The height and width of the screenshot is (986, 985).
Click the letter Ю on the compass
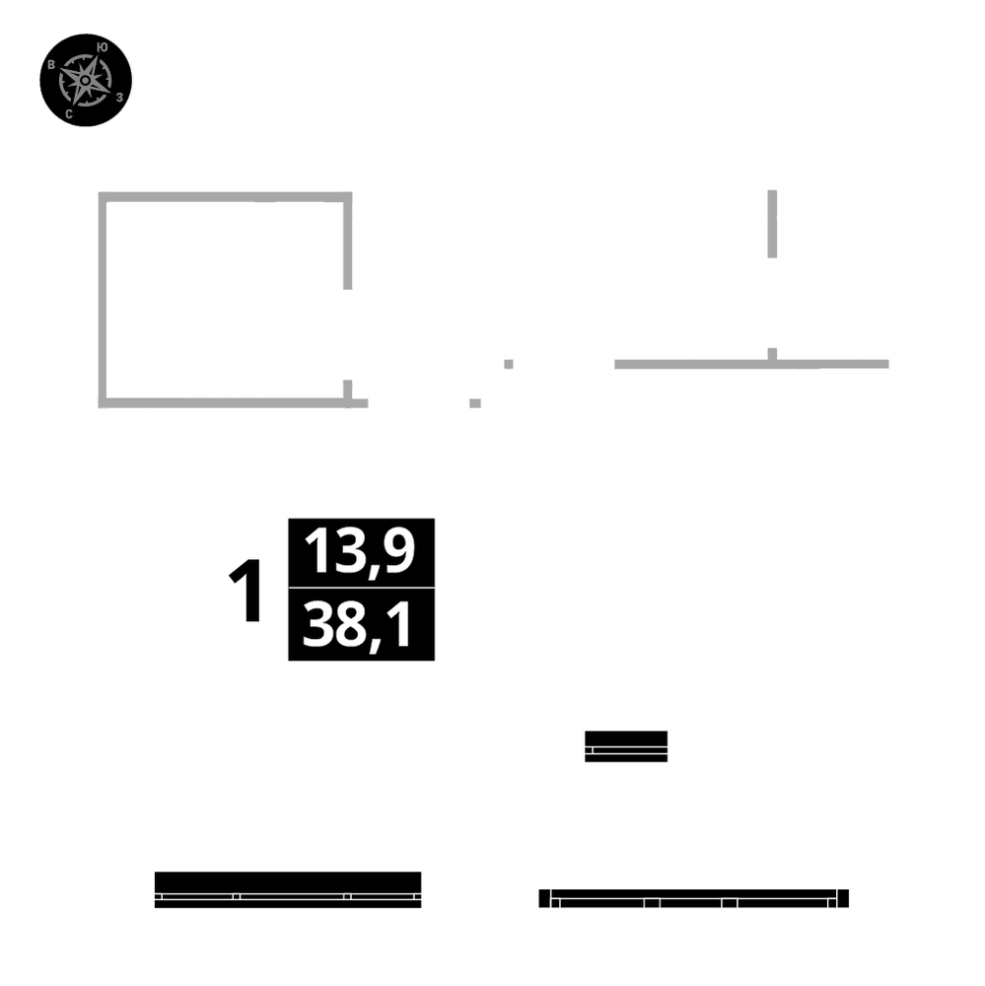point(104,46)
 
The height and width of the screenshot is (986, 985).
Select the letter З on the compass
point(119,97)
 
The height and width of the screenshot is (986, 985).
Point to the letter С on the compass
point(68,114)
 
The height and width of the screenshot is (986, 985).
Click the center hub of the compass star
point(86,79)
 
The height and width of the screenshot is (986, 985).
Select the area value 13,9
point(360,551)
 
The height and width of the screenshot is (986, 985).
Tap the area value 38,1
point(360,626)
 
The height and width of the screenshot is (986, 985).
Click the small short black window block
point(626,746)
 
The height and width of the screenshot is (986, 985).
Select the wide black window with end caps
point(694,898)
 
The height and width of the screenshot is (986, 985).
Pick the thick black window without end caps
point(288,888)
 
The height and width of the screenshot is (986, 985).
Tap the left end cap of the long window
point(544,898)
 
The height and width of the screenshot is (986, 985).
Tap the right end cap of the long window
point(843,898)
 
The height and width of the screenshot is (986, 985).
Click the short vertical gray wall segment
point(772,224)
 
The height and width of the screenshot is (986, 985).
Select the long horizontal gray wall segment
point(749,364)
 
